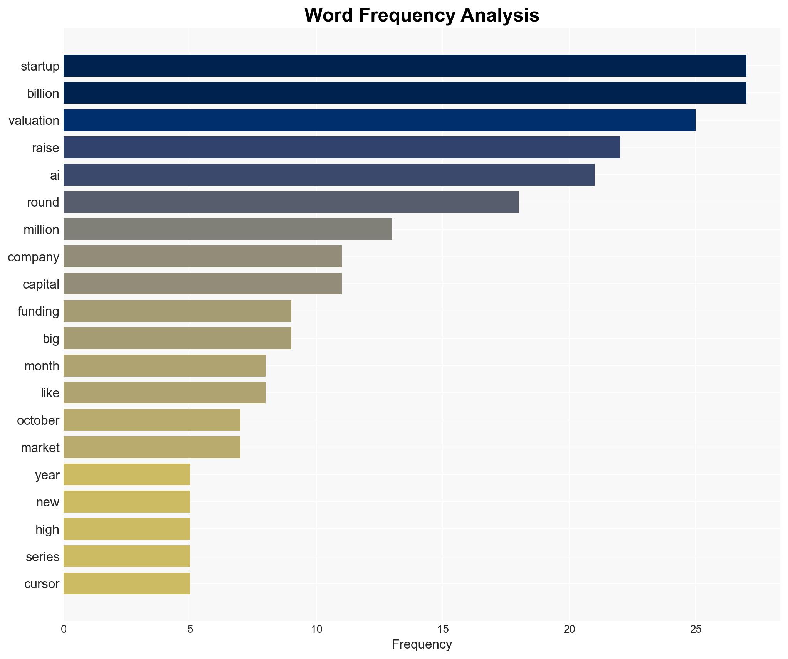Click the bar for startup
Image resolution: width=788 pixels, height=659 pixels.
tap(405, 66)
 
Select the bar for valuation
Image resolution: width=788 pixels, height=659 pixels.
tap(379, 120)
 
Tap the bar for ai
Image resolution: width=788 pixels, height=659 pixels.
tap(329, 175)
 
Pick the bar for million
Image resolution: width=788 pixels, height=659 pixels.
tap(228, 229)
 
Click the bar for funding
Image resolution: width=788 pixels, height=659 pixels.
tap(177, 311)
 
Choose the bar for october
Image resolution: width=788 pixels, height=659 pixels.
tap(152, 420)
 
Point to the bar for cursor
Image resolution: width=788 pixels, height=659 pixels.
tap(126, 583)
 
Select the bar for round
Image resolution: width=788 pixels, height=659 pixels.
tap(291, 202)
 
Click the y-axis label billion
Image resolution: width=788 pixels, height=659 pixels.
tap(43, 93)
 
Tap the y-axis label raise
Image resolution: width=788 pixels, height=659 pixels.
tap(45, 148)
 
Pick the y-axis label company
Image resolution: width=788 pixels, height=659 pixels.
tap(34, 257)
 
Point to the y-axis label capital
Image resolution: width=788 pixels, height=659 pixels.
tap(41, 284)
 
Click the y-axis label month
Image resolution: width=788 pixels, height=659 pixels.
tap(42, 366)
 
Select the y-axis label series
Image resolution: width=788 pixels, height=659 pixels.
tap(42, 556)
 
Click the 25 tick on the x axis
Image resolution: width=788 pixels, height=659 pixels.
tap(695, 629)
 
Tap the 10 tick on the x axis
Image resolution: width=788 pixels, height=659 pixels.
tap(316, 629)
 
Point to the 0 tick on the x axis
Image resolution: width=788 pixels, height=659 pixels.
tap(64, 629)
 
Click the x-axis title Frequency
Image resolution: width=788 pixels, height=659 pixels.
tap(422, 644)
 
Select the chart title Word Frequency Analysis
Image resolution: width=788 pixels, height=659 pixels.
tap(422, 15)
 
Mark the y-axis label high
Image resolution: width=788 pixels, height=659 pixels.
tap(47, 529)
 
